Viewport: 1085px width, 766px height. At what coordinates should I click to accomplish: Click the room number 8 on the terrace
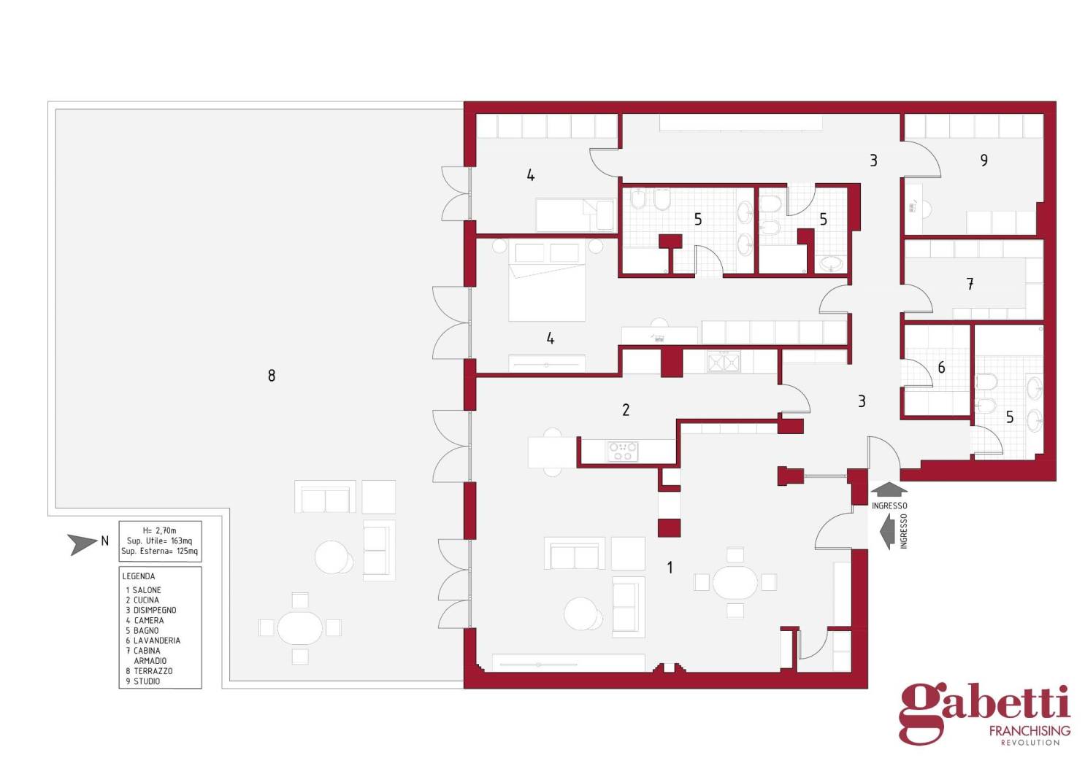click(x=272, y=376)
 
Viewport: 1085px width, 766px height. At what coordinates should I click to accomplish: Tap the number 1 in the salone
click(x=670, y=568)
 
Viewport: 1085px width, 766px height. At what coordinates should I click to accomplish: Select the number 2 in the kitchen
click(x=626, y=410)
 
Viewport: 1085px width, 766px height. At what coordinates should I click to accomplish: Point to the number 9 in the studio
click(x=984, y=160)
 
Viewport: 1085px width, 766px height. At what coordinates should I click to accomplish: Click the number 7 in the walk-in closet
click(x=970, y=284)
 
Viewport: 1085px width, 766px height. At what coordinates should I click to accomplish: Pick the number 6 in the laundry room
click(x=941, y=368)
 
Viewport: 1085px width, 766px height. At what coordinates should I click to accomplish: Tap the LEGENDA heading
click(x=139, y=576)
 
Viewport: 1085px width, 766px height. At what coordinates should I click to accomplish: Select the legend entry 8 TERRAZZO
click(x=149, y=671)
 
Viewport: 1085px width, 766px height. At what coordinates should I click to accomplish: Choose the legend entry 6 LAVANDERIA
click(x=153, y=641)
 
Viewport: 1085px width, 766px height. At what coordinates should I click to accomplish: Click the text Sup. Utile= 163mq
click(x=159, y=541)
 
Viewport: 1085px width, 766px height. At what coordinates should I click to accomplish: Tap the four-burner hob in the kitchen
click(x=623, y=452)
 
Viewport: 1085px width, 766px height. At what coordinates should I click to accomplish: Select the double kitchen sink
click(x=724, y=363)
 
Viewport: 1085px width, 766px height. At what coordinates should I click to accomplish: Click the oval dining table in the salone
click(x=735, y=583)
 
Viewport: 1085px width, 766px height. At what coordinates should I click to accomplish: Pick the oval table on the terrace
click(x=300, y=628)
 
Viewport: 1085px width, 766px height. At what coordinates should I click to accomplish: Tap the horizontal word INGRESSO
click(x=889, y=506)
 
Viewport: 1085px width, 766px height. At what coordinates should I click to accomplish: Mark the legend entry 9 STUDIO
click(x=143, y=681)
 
